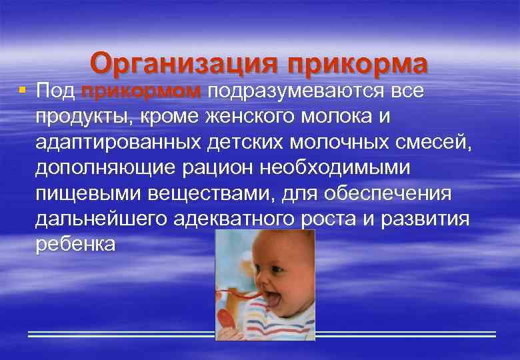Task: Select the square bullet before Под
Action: [23, 89]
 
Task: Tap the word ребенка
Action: [75, 244]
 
